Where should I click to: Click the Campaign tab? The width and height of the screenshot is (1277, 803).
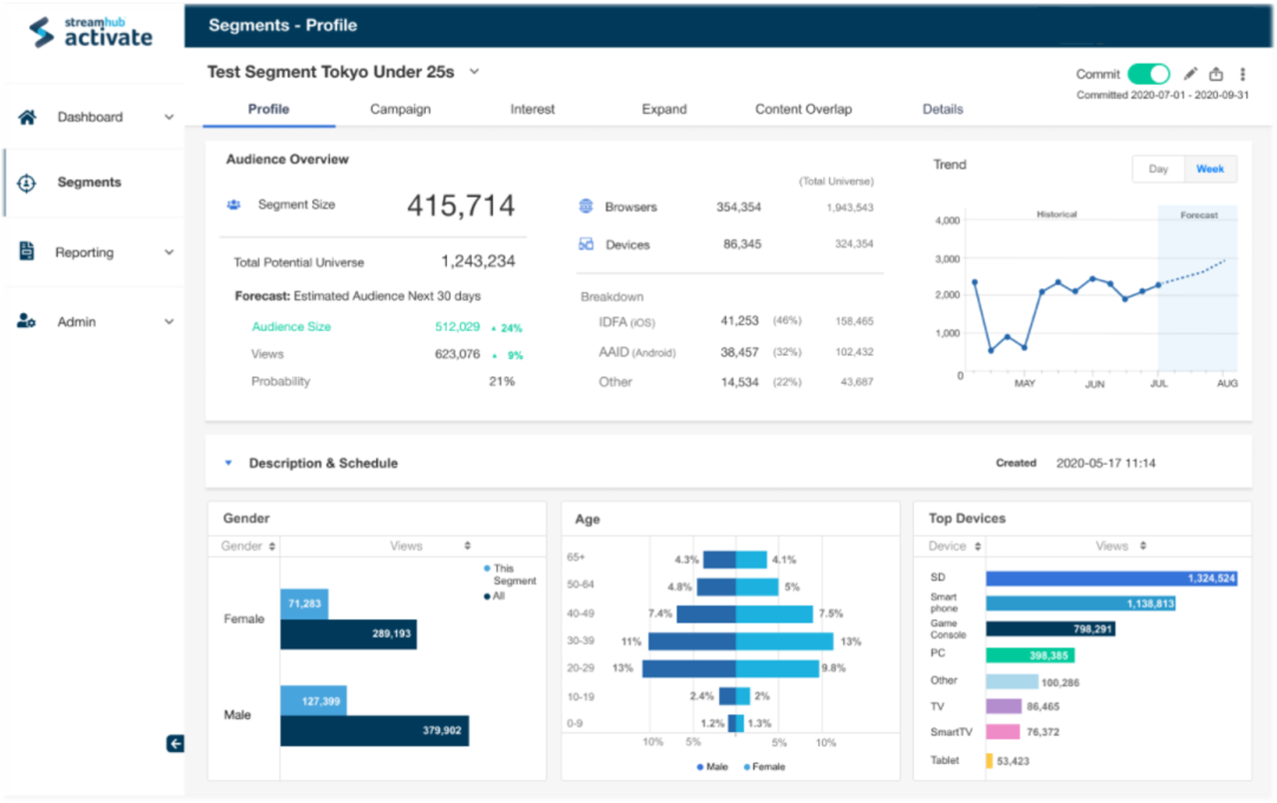tap(400, 110)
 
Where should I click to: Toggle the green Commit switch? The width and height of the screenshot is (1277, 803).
tap(1148, 74)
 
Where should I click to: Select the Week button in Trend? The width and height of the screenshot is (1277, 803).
tap(1210, 169)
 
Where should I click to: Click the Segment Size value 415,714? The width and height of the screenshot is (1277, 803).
tap(461, 206)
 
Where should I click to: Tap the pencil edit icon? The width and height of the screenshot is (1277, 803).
tap(1190, 74)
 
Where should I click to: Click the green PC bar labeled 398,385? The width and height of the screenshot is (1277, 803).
tap(1031, 655)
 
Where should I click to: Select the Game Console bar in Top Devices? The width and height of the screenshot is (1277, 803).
tap(1051, 629)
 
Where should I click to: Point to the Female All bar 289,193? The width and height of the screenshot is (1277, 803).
tap(348, 634)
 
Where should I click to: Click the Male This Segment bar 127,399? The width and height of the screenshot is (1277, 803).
tap(313, 701)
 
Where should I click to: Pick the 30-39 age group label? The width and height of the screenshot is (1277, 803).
tap(582, 640)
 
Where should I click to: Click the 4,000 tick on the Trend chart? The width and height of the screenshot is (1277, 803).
tap(948, 220)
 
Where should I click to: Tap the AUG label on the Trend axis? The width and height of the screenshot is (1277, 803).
tap(1227, 384)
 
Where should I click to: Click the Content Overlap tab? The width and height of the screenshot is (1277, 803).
tap(803, 110)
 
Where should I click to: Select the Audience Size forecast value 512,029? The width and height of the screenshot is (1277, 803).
tap(457, 327)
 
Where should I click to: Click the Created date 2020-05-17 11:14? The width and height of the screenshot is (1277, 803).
tap(1105, 463)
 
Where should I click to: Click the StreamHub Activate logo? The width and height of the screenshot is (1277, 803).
tap(92, 32)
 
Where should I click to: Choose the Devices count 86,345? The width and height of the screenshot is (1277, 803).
tap(742, 244)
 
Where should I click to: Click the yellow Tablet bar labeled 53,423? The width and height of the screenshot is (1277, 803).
tap(990, 761)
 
